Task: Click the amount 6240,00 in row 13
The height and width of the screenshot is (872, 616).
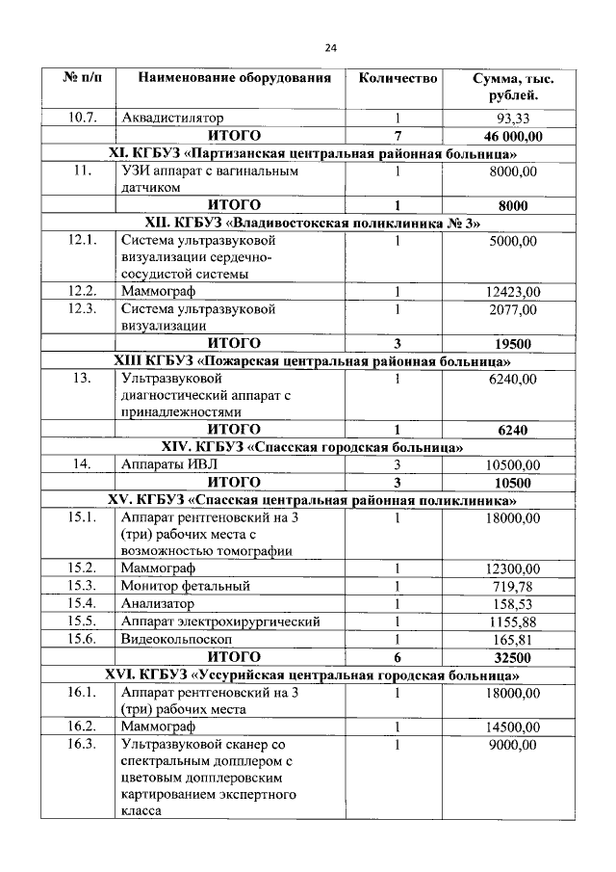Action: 513,379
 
